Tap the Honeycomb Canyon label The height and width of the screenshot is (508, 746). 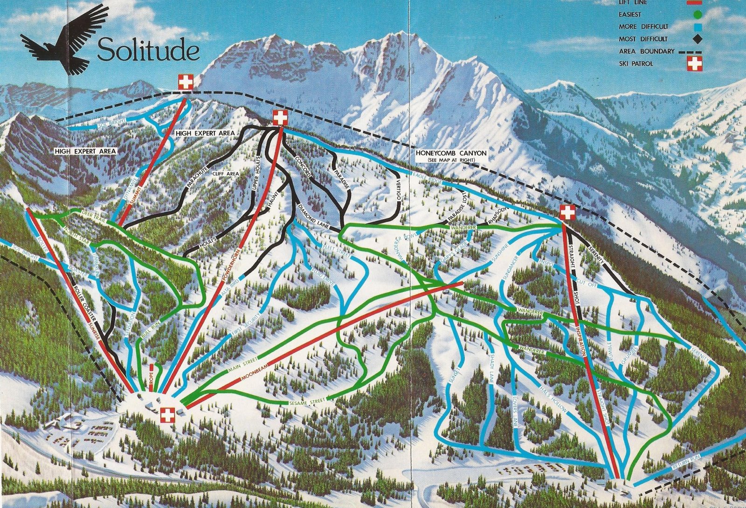450,153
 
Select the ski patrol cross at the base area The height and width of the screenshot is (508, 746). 167,414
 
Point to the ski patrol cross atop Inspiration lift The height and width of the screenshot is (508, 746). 567,213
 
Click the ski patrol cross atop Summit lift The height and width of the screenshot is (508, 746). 186,83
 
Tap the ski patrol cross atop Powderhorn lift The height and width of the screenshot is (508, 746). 279,118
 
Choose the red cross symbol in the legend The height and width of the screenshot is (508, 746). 695,63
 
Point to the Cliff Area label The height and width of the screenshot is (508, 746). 226,173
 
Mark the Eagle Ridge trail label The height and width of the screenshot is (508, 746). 427,175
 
